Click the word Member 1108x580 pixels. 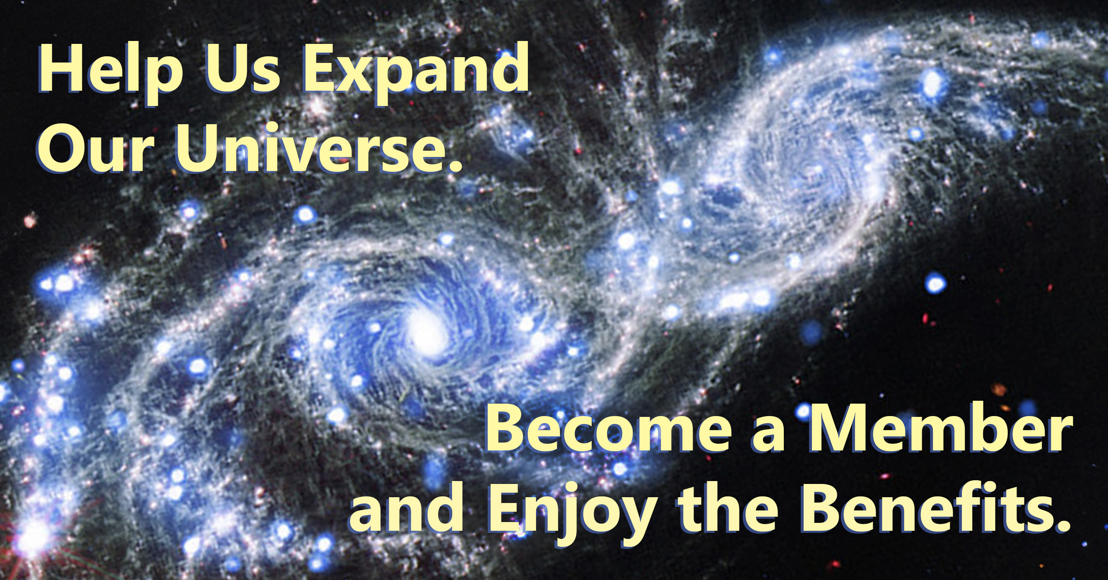tap(939, 430)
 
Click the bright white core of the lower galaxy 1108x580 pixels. tap(426, 333)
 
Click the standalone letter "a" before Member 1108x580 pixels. tap(768, 436)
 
